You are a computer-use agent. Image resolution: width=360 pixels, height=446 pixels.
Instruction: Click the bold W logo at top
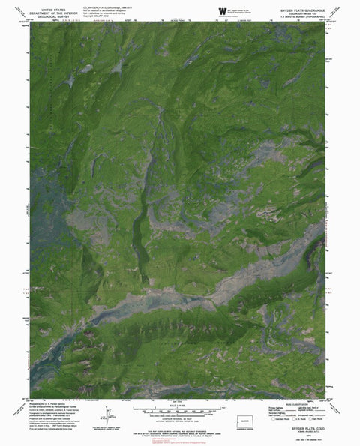tap(222, 9)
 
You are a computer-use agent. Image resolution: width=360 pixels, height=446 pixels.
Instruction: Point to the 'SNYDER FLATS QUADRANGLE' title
tap(301, 4)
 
